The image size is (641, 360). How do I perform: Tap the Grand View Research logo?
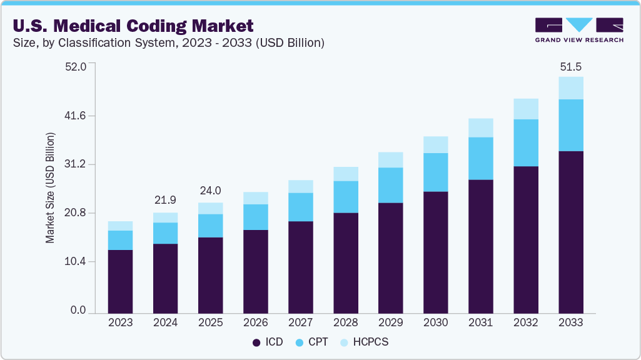pos(579,30)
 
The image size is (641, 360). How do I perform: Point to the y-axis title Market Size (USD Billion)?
pos(50,187)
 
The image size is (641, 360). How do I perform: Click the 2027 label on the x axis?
pos(300,322)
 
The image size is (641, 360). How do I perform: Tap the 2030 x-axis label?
pos(435,322)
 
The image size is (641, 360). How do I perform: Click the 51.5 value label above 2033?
pos(570,66)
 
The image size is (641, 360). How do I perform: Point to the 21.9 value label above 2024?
pos(165,200)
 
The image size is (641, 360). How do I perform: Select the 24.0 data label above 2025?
pos(210,191)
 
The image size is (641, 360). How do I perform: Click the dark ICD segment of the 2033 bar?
pos(570,231)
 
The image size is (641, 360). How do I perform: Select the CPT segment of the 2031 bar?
pos(480,158)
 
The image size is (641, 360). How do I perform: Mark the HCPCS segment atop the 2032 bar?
pos(525,109)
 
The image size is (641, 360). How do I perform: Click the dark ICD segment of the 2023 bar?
pos(120,281)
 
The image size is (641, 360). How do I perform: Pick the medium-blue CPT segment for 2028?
pos(345,197)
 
